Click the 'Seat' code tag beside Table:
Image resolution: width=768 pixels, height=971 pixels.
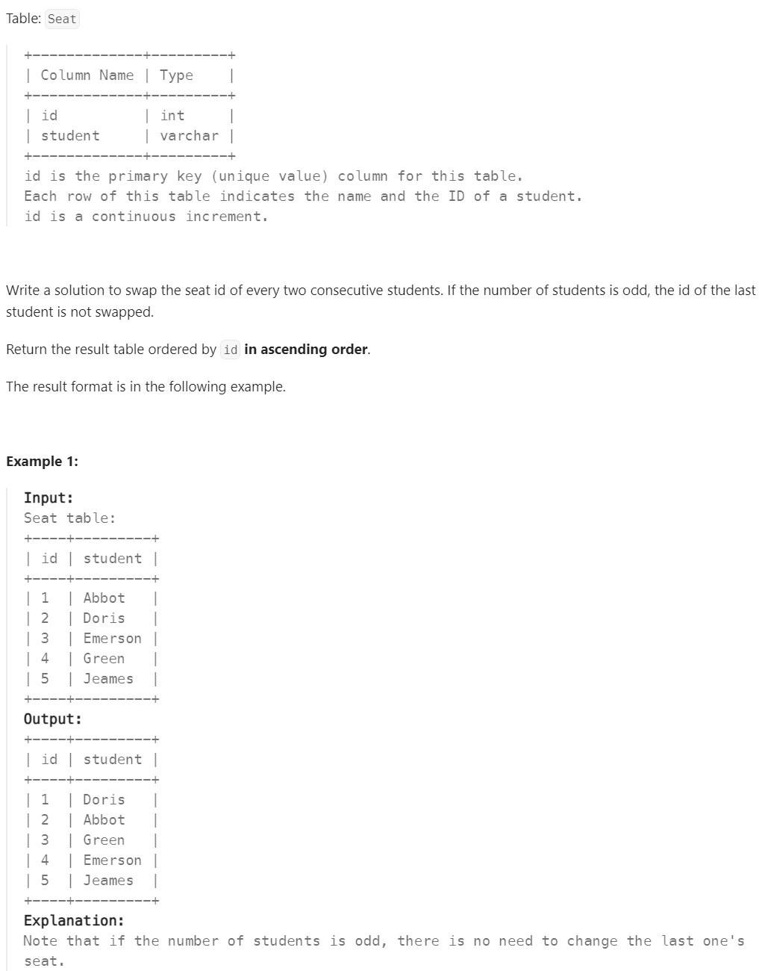point(62,19)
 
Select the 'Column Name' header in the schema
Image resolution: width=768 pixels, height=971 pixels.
point(87,75)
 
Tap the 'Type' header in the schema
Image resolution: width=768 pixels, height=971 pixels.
point(176,75)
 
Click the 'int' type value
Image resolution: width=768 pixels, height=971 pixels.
point(172,116)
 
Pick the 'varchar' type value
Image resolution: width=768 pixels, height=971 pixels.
point(189,136)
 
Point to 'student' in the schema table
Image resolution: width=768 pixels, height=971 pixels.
point(70,136)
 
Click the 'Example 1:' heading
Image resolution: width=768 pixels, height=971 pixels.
point(42,461)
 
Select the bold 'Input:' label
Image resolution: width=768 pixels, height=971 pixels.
point(49,498)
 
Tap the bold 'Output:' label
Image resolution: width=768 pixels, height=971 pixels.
point(52,719)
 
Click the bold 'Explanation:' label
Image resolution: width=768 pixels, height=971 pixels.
point(74,920)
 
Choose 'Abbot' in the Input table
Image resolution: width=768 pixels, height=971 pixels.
point(104,598)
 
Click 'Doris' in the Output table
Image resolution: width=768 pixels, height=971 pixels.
point(104,800)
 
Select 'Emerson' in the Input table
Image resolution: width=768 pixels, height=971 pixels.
point(112,639)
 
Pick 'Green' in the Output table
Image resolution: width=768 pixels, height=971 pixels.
point(104,840)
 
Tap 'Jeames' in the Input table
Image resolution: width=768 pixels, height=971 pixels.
point(108,679)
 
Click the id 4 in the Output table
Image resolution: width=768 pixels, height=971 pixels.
point(45,860)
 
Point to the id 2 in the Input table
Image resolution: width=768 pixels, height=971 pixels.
point(45,618)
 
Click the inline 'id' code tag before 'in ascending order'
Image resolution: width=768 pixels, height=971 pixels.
point(231,350)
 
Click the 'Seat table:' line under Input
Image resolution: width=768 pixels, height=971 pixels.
point(69,518)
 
